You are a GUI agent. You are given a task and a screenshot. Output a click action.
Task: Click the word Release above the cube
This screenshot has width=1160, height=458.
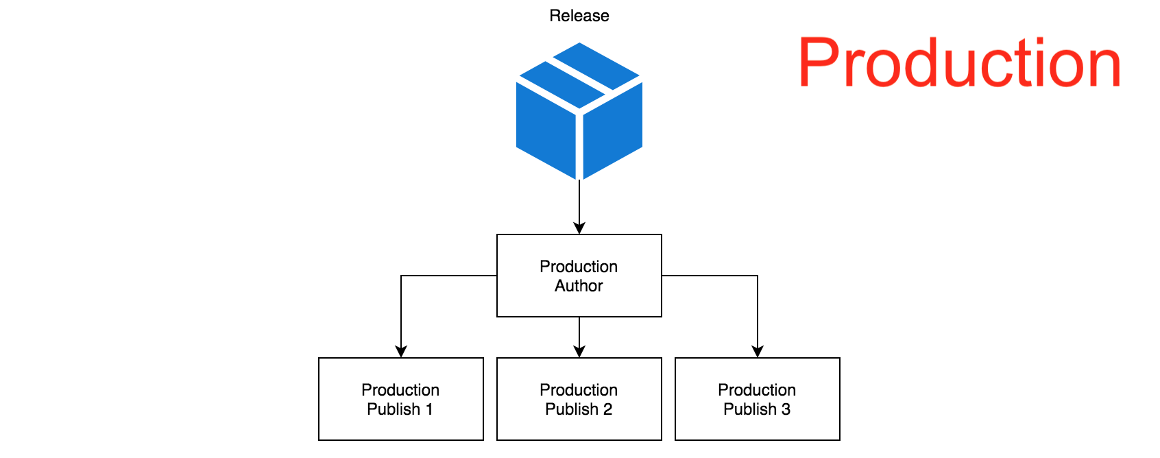click(x=579, y=16)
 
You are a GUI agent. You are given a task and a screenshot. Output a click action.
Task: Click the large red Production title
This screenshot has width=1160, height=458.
click(x=960, y=62)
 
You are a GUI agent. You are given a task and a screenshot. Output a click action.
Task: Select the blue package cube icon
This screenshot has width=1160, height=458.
click(x=579, y=111)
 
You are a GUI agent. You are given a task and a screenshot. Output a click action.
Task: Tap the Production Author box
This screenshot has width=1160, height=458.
click(x=579, y=276)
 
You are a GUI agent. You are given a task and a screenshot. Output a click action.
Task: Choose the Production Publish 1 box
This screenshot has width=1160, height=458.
click(x=401, y=399)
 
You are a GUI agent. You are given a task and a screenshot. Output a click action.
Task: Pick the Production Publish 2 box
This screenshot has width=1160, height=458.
click(x=579, y=399)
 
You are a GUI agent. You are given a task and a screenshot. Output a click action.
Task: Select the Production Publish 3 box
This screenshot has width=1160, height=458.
click(x=757, y=399)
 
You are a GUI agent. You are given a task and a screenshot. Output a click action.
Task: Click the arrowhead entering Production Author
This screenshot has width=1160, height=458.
click(x=579, y=228)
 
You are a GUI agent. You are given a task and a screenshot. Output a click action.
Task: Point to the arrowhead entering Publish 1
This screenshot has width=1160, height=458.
click(x=401, y=351)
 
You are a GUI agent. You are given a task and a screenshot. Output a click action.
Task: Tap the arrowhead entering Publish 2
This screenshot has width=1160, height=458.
click(x=579, y=351)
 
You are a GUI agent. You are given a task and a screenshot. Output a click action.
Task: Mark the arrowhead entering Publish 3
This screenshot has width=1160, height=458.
click(x=757, y=351)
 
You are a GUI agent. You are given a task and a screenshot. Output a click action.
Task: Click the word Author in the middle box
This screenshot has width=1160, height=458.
click(x=579, y=285)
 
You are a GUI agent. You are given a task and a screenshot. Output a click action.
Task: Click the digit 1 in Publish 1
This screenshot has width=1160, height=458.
click(x=429, y=409)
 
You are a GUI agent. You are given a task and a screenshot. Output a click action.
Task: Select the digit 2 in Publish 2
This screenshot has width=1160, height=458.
click(x=607, y=409)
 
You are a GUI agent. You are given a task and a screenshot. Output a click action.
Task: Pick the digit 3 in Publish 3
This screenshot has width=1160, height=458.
click(x=786, y=409)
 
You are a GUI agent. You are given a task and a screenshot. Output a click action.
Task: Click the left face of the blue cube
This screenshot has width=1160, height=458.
click(x=546, y=130)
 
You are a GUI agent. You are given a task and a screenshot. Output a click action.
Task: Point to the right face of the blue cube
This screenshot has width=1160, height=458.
click(x=613, y=130)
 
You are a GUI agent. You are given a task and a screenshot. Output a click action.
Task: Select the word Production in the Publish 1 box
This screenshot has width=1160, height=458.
click(x=400, y=389)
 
